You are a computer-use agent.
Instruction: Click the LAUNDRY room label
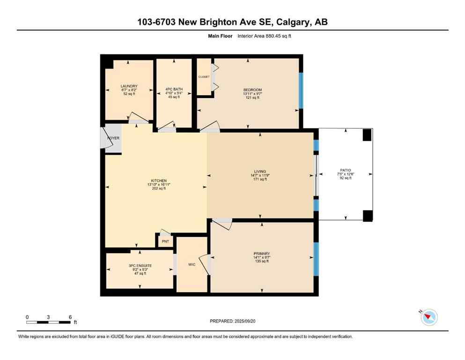[x=129, y=86]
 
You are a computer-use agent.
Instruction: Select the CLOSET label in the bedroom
[x=204, y=76]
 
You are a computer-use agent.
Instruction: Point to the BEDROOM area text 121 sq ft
[x=252, y=98]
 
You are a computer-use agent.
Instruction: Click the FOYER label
[x=113, y=139]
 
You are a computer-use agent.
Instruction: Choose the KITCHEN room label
[x=159, y=180]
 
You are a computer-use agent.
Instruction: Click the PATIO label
[x=346, y=170]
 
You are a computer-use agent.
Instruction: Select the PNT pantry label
[x=165, y=241]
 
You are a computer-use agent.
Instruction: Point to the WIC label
[x=192, y=264]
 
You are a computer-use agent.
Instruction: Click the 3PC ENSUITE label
[x=140, y=266]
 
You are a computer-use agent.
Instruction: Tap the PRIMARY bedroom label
[x=261, y=254]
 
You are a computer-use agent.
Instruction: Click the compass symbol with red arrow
[x=429, y=317]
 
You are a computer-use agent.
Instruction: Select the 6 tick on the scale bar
[x=70, y=317]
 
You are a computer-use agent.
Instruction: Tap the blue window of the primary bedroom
[x=316, y=259]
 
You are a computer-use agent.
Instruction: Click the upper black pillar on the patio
[x=368, y=135]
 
